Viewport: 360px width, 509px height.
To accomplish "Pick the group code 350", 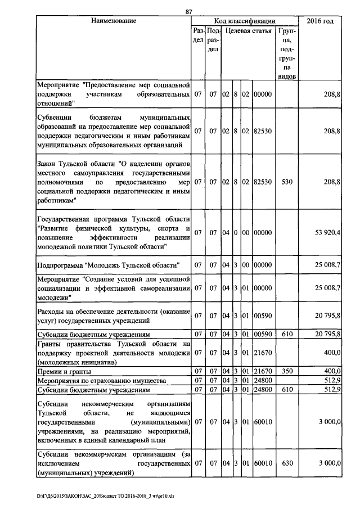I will click(x=287, y=371).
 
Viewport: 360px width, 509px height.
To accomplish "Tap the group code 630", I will click(x=287, y=463).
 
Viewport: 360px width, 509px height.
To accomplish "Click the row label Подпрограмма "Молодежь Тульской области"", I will click(x=107, y=264).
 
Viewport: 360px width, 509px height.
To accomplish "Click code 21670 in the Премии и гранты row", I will click(x=262, y=371).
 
